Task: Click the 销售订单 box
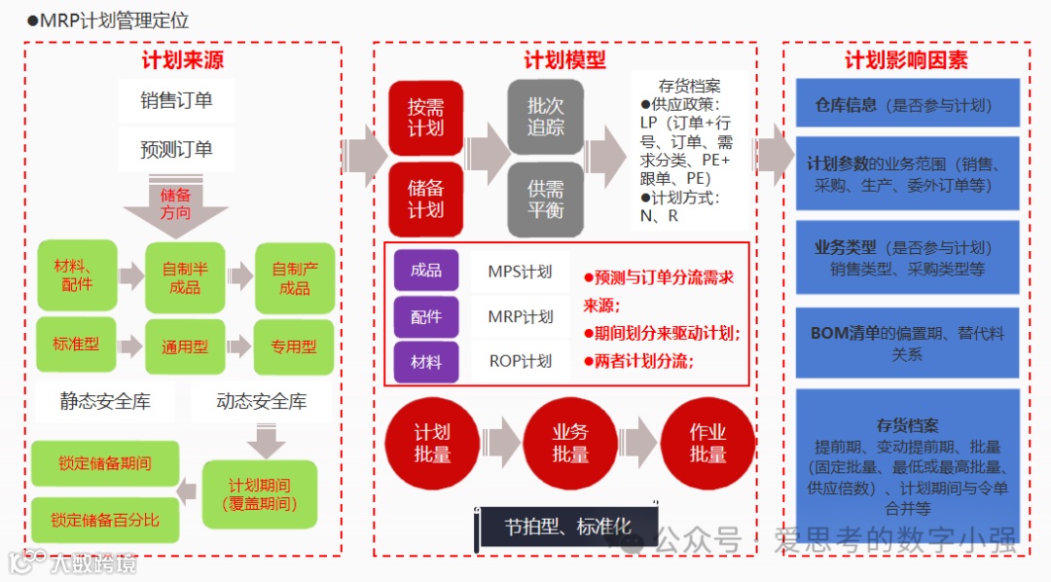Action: [x=176, y=100]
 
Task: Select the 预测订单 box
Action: [x=176, y=149]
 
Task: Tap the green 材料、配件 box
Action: [x=77, y=275]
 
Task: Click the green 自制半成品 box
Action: [x=185, y=277]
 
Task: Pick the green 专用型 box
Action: [x=294, y=346]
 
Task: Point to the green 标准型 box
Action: [x=76, y=345]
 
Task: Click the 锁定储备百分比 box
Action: [x=105, y=520]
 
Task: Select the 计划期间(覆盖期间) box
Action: [x=260, y=494]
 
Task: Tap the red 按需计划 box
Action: [x=425, y=118]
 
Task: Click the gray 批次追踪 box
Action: [x=545, y=118]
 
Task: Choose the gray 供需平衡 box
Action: [x=545, y=199]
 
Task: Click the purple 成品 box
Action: [x=425, y=271]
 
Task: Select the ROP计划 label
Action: [x=520, y=361]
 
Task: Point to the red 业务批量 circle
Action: [x=570, y=444]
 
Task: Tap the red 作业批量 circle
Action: [x=707, y=444]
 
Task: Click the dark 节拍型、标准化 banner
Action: [x=566, y=527]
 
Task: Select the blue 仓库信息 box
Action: [x=907, y=105]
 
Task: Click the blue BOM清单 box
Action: [x=907, y=344]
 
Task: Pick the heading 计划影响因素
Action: [x=906, y=60]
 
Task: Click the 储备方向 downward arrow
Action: [x=175, y=206]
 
